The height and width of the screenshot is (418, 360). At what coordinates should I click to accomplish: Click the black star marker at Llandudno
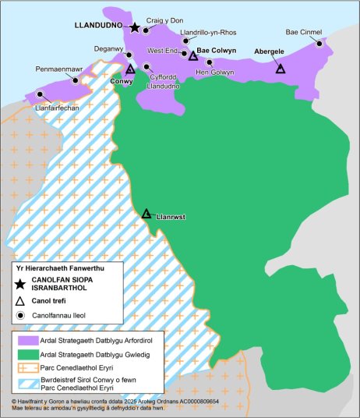pyautogui.click(x=135, y=27)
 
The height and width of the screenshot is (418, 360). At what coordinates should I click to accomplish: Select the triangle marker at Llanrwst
pyautogui.click(x=146, y=213)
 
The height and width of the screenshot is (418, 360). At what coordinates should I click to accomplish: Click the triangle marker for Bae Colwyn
pyautogui.click(x=193, y=55)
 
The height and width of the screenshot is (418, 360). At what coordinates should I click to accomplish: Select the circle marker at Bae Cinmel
pyautogui.click(x=318, y=44)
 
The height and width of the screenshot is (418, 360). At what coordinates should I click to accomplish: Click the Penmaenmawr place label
pyautogui.click(x=59, y=69)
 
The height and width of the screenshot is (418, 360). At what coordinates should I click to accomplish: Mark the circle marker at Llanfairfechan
pyautogui.click(x=37, y=96)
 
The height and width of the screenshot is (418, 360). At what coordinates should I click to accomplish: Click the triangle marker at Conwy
pyautogui.click(x=130, y=69)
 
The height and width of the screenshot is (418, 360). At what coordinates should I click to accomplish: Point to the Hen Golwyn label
pyautogui.click(x=215, y=73)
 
